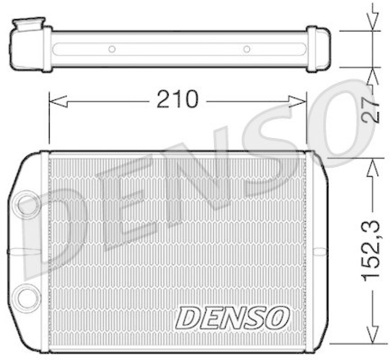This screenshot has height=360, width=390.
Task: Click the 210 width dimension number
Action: coord(177,100)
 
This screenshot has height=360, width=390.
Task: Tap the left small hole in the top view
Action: coord(112,49)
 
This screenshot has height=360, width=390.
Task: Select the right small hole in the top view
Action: coord(247,49)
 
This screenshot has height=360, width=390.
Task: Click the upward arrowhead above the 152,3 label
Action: coord(373,167)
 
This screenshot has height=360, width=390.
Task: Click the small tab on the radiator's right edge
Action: coord(319,252)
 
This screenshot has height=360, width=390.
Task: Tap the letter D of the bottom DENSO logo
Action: coord(188,318)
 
